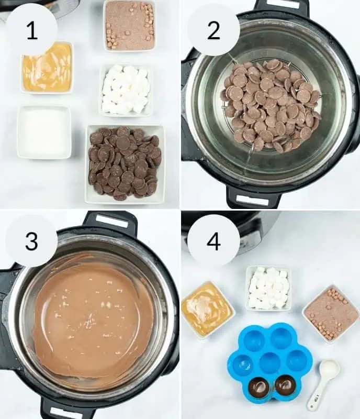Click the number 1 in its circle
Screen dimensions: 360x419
click(x=32, y=31)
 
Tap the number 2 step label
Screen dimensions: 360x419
click(x=213, y=31)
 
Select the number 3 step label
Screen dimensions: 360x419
click(x=31, y=241)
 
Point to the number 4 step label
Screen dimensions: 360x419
click(x=213, y=241)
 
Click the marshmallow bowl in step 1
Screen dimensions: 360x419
click(x=126, y=90)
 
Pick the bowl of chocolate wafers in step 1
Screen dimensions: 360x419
click(x=125, y=163)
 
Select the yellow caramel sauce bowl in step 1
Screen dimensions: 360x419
click(x=47, y=68)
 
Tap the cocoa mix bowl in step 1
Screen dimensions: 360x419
click(x=130, y=25)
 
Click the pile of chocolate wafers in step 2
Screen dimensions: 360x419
click(x=271, y=105)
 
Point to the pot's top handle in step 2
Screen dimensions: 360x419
click(x=282, y=6)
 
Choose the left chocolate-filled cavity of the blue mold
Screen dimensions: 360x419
click(x=259, y=387)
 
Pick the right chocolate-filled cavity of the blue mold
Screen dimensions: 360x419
click(x=286, y=385)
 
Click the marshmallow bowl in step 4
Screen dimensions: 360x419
click(x=268, y=289)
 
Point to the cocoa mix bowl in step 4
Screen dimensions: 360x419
click(x=331, y=314)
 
